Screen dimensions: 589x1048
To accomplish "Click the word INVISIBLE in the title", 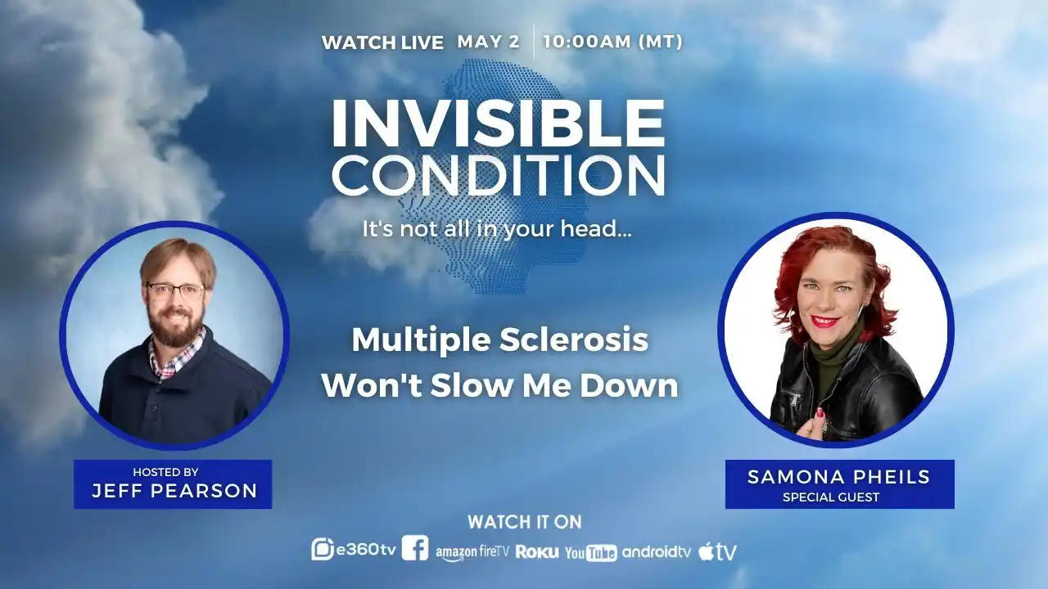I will (498, 124).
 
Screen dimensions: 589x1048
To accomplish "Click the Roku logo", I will (537, 552).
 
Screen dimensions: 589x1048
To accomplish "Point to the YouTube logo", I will (590, 553).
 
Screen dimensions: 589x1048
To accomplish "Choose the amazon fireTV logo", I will (472, 552).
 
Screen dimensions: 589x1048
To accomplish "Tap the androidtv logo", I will (657, 551).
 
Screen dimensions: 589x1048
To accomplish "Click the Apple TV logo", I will (717, 551).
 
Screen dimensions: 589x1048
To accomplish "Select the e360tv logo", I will (354, 550).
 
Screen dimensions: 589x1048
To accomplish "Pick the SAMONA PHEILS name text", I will (838, 478).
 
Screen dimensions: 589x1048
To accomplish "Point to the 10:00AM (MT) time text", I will (612, 42).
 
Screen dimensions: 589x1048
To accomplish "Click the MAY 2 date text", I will (488, 42).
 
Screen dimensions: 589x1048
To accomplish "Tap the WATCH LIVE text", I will (382, 43).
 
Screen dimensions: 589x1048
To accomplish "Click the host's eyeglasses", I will (174, 290).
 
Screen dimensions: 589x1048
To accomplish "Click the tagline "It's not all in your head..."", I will (497, 229).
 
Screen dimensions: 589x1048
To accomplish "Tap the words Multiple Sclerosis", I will (499, 340).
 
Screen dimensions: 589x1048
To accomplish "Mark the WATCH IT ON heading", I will (524, 521).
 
